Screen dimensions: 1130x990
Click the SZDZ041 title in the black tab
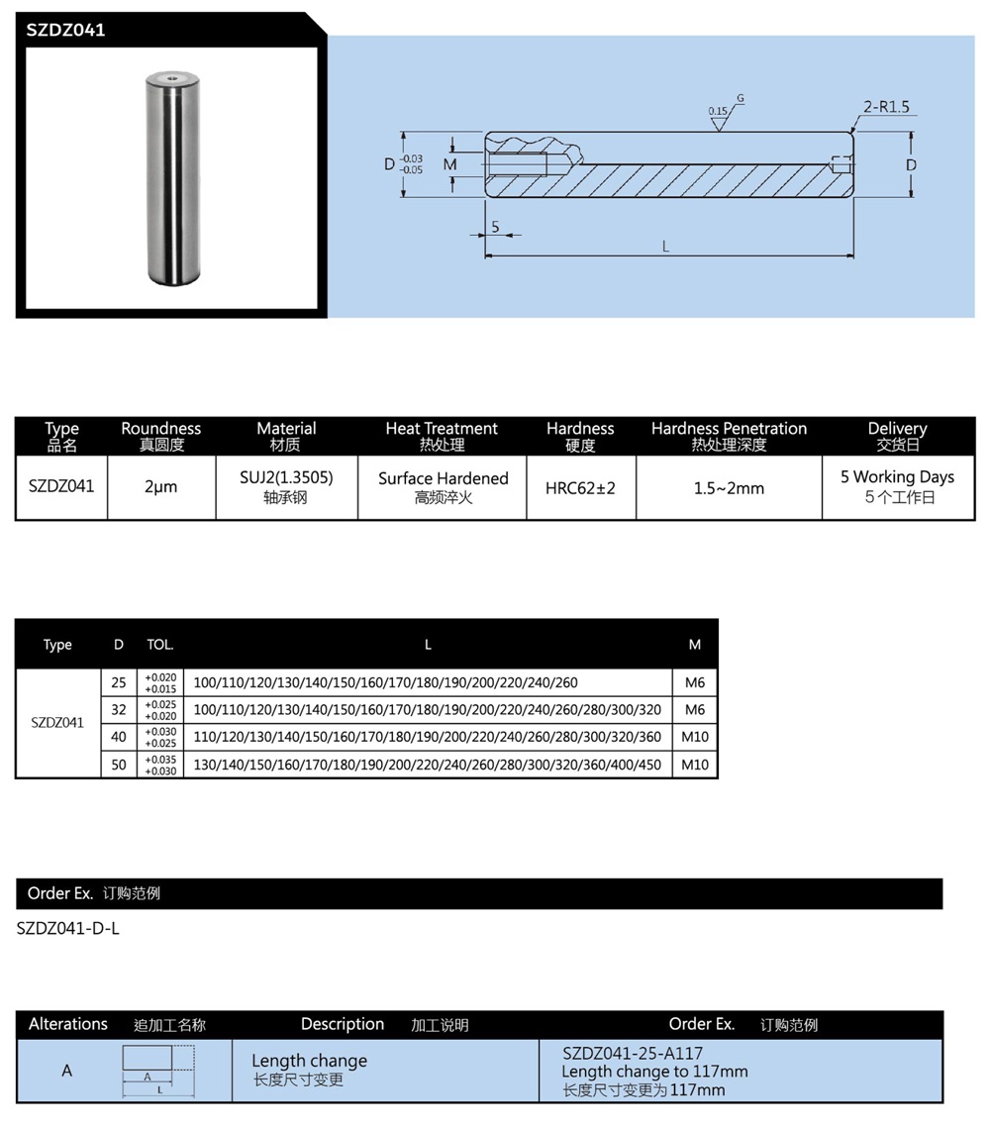point(66,30)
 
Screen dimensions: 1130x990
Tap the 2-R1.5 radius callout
point(885,106)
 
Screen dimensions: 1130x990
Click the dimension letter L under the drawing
point(666,246)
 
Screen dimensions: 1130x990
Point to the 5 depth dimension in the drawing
point(495,227)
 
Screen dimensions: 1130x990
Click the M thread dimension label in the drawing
point(450,164)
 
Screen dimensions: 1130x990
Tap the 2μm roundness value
point(160,487)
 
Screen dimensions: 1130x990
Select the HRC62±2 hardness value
point(580,488)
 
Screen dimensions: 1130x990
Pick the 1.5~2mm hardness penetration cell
point(729,488)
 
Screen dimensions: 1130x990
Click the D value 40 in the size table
point(119,737)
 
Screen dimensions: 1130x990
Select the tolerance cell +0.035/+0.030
point(160,765)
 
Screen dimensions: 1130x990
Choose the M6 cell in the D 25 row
point(695,682)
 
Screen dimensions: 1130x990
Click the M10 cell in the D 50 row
point(695,765)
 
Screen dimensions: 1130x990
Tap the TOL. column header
point(160,645)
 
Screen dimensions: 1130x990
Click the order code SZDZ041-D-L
point(68,929)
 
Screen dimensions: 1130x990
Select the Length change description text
point(309,1061)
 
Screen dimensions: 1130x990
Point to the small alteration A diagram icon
point(157,1071)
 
